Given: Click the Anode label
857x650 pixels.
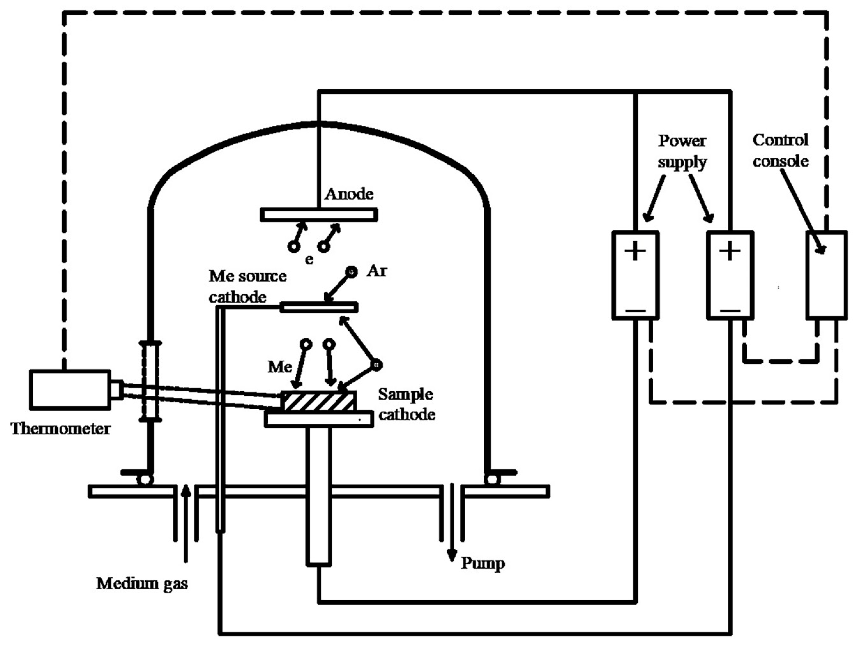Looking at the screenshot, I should [349, 194].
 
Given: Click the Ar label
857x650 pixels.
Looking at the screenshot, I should [377, 271].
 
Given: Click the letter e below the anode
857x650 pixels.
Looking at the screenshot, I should [309, 259].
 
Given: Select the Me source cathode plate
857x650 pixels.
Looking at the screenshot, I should [319, 307].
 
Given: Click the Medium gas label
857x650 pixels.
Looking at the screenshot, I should [142, 583].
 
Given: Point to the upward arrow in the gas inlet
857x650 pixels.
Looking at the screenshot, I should [186, 523].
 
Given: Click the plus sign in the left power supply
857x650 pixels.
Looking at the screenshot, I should [635, 252].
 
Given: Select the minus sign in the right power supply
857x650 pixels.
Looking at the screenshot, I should [730, 310].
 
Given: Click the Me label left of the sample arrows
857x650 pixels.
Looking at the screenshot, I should [280, 366].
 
